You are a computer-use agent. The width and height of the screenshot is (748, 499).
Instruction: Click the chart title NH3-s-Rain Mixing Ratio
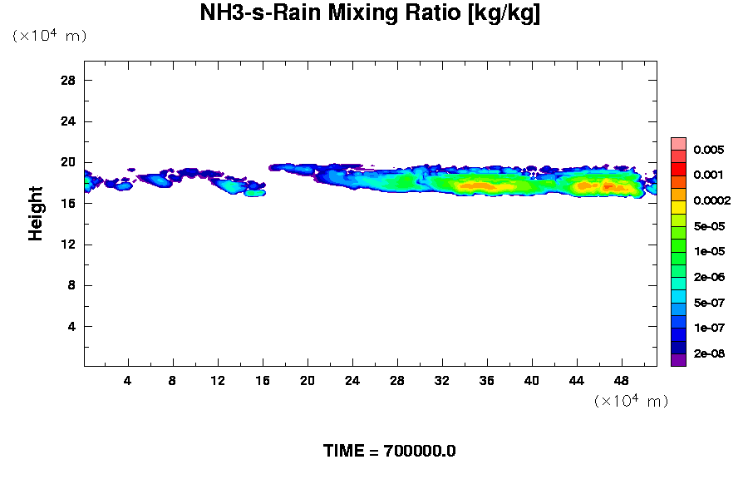pyautogui.click(x=370, y=14)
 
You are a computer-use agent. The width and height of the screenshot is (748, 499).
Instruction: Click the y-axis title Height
pyautogui.click(x=36, y=213)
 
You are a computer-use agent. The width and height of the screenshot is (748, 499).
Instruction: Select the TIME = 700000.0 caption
pyautogui.click(x=389, y=452)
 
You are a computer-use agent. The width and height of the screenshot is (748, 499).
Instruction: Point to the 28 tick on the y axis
pyautogui.click(x=69, y=80)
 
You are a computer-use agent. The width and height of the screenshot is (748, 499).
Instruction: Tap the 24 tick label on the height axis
pyautogui.click(x=69, y=121)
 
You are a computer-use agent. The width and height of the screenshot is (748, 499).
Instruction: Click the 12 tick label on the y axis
pyautogui.click(x=69, y=245)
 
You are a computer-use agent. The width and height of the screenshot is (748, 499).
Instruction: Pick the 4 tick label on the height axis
pyautogui.click(x=72, y=326)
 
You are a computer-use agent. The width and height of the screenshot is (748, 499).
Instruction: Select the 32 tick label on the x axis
pyautogui.click(x=442, y=381)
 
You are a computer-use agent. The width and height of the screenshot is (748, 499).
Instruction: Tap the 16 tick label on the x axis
pyautogui.click(x=263, y=381)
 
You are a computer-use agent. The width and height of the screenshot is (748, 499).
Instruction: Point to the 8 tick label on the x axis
pyautogui.click(x=173, y=381)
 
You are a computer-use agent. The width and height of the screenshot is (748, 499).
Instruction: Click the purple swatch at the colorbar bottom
pyautogui.click(x=678, y=360)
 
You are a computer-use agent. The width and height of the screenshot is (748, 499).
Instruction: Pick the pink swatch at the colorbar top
pyautogui.click(x=678, y=143)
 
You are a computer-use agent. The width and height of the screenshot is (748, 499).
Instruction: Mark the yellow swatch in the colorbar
pyautogui.click(x=678, y=207)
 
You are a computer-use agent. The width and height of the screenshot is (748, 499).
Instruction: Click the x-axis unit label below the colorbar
pyautogui.click(x=631, y=401)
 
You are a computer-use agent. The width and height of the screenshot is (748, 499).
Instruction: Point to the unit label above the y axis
pyautogui.click(x=49, y=36)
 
